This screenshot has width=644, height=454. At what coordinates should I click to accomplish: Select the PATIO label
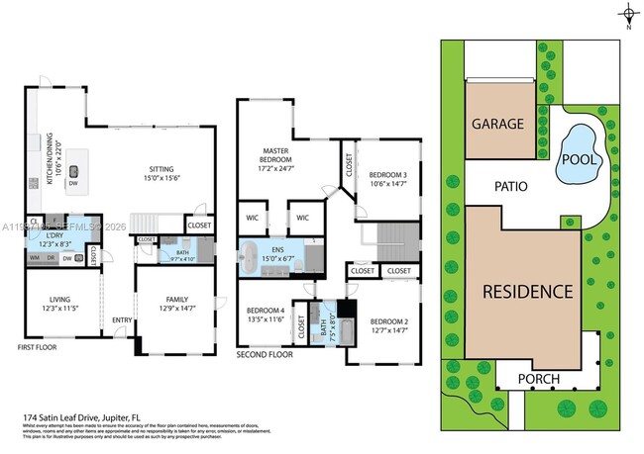click(x=505, y=185)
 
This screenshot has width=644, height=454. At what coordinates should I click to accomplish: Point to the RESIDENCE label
click(x=528, y=292)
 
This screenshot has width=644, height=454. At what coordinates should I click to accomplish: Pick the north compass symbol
click(x=629, y=14)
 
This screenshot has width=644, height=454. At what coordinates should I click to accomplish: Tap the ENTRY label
click(x=123, y=319)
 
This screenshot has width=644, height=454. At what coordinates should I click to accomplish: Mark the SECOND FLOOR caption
click(x=264, y=353)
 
